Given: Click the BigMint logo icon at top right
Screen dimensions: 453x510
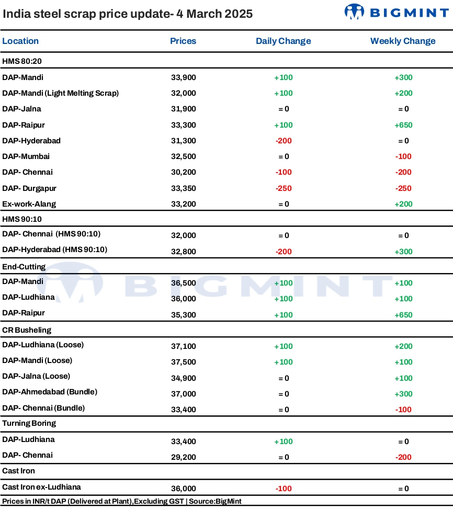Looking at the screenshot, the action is coord(354,12).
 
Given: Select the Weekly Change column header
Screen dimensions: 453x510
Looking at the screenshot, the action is coord(403,41).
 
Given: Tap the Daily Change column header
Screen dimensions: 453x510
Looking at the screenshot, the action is coord(283,41).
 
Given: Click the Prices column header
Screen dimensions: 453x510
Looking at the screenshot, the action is coord(183,41).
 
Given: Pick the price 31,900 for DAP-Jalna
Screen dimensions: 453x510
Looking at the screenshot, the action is coord(184,109).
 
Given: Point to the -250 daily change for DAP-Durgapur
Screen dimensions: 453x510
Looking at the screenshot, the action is coord(284,188).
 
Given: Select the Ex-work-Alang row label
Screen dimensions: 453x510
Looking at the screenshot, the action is coord(29,204).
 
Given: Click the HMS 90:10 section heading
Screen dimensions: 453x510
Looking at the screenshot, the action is coord(22,219).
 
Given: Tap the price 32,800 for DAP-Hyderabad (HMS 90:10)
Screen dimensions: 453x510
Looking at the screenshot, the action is coord(184,252).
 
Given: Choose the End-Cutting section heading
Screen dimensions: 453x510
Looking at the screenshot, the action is coord(24,267).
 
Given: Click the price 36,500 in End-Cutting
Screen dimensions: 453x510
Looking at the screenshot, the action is coord(184,284).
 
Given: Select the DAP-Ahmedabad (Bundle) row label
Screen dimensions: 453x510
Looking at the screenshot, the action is coord(50,392).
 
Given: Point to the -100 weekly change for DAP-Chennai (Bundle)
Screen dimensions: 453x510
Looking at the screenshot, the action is coord(404,410).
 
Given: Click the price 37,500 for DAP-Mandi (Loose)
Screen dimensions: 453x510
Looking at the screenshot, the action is coord(184,362).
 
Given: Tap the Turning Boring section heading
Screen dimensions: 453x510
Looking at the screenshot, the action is coord(29,424).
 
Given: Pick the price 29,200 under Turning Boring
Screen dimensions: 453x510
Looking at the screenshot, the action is coord(184,457).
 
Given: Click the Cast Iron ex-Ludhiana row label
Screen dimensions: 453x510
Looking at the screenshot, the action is coord(42,487).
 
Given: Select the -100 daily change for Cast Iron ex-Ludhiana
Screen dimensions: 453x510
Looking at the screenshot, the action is coord(284,489).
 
